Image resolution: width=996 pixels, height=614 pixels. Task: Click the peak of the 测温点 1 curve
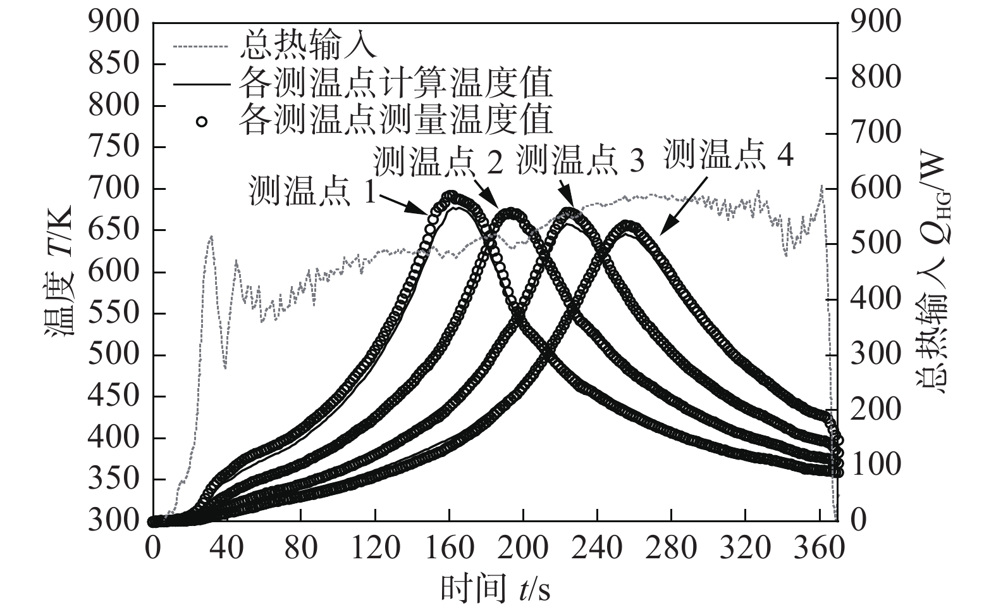click(x=450, y=196)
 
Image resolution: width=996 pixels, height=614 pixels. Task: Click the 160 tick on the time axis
click(x=449, y=548)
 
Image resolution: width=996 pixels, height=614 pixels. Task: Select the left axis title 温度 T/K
click(x=59, y=271)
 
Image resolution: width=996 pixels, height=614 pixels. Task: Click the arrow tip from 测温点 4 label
click(x=660, y=235)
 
